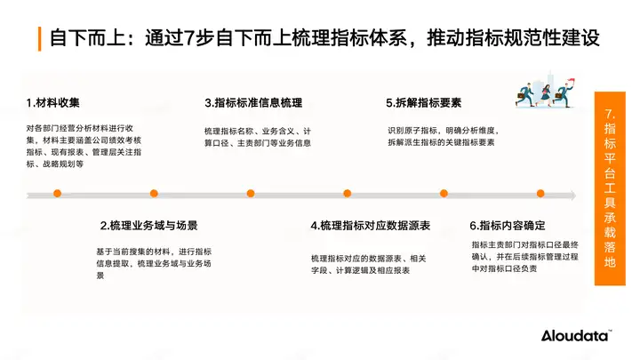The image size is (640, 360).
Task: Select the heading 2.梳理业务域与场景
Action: coord(148,226)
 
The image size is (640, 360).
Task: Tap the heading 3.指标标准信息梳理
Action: coord(253,102)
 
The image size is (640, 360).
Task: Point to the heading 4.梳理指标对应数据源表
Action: coord(371,226)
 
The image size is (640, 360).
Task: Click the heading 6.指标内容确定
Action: coord(507,226)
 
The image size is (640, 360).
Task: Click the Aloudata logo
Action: coord(576,335)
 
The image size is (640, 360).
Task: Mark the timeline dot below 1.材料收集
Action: coord(57,193)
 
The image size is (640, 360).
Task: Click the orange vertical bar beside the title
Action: coord(40,39)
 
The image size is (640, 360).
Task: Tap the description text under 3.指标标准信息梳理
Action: coord(258,137)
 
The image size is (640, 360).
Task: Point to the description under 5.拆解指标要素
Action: coord(442,137)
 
